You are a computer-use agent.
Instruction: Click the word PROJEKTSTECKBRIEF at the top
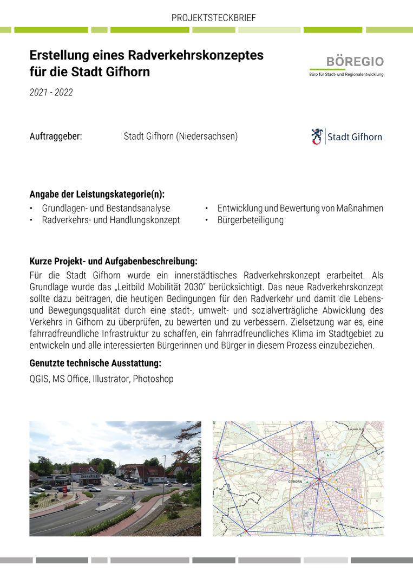213,18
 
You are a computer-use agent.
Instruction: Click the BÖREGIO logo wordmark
355,62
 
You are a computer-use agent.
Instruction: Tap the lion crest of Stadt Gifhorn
317,136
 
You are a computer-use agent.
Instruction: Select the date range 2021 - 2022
51,92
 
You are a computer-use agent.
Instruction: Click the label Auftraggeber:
56,136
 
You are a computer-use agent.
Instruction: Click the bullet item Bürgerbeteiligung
250,220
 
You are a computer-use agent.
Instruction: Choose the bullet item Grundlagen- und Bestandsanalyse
106,208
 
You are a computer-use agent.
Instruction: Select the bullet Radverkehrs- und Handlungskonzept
111,220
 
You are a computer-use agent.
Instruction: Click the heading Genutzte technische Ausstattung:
95,363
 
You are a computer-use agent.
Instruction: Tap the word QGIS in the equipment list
39,379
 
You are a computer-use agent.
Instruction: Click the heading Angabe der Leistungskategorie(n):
97,194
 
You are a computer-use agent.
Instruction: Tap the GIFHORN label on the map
296,481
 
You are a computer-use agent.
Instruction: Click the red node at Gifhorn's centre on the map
319,479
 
